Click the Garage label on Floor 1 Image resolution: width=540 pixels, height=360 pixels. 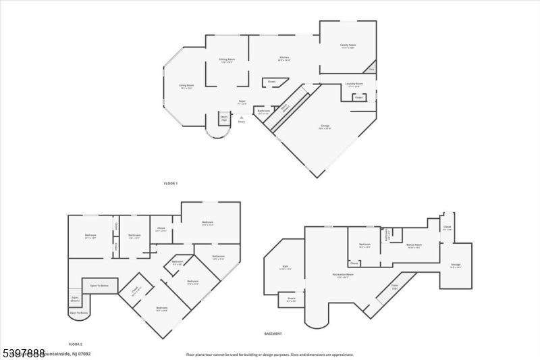325,126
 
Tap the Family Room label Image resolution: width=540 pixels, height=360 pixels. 348,46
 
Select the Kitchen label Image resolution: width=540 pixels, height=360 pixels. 284,59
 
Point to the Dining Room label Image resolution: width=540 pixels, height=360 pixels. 227,60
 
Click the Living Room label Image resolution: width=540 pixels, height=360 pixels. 186,86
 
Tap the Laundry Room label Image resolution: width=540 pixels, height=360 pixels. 354,84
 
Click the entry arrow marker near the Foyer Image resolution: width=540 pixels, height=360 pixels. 242,117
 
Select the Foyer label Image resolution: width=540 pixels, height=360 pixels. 242,101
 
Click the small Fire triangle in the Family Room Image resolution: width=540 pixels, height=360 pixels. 370,69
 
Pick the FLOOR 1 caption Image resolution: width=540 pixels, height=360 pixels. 171,184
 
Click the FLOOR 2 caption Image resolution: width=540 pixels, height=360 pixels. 75,344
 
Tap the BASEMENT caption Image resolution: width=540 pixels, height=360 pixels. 273,334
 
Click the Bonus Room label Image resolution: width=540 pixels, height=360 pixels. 414,246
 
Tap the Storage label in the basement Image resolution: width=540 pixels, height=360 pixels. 455,266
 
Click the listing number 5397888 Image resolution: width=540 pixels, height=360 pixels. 23,353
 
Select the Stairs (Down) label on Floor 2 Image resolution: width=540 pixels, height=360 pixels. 75,299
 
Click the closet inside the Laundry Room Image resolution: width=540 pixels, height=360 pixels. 358,97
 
